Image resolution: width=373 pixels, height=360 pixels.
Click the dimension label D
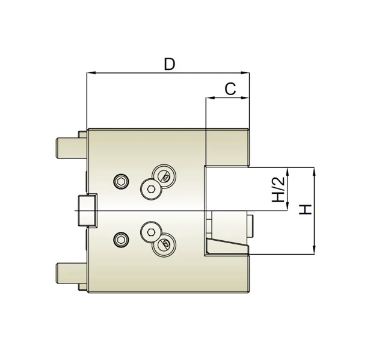170,64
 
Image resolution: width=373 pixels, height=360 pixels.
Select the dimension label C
229,88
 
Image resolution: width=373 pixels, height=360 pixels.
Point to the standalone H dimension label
306,210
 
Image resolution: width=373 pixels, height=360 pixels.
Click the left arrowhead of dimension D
90,73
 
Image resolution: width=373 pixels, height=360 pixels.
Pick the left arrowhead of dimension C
209,98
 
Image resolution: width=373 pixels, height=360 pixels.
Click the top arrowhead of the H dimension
314,171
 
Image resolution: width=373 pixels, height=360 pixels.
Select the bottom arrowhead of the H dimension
314,251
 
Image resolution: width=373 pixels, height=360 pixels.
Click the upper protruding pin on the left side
68,146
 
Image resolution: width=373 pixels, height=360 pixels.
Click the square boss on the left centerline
87,211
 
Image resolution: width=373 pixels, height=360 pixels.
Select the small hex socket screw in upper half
122,182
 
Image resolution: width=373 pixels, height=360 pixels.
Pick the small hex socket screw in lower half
122,241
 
